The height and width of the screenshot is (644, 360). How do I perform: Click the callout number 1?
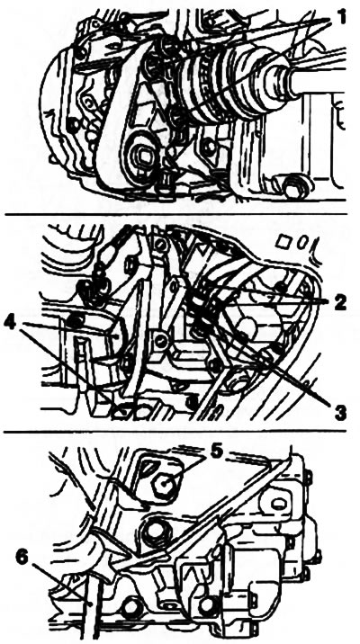pyautogui.click(x=342, y=17)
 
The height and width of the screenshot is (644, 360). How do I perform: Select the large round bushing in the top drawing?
pyautogui.click(x=142, y=156)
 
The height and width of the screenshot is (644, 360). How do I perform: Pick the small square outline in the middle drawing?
pyautogui.click(x=283, y=241)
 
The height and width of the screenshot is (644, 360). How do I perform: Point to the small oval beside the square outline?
pyautogui.click(x=300, y=242)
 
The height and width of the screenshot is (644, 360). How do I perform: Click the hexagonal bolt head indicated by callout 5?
pyautogui.click(x=164, y=485)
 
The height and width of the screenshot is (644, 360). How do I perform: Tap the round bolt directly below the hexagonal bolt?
pyautogui.click(x=156, y=530)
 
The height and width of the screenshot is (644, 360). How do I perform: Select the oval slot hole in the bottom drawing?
pyautogui.click(x=279, y=503)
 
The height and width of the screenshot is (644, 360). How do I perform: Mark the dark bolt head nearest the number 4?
pyautogui.click(x=76, y=321)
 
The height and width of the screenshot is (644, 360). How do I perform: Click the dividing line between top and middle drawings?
pyautogui.click(x=175, y=213)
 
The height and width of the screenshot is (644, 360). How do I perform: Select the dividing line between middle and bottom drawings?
pyautogui.click(x=175, y=432)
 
